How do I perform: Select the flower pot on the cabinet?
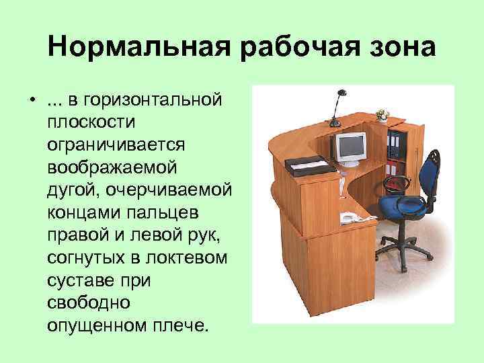(x=382, y=116)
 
